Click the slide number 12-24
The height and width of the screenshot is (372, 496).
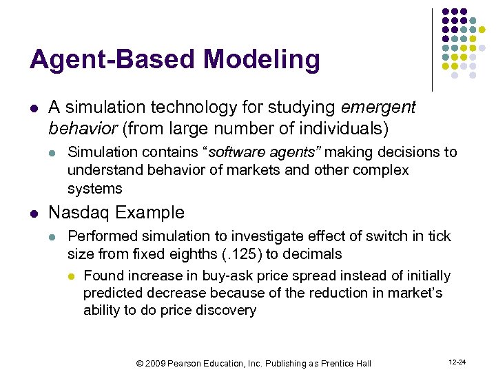pos(457,362)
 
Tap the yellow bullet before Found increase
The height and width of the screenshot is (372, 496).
pos(71,276)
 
